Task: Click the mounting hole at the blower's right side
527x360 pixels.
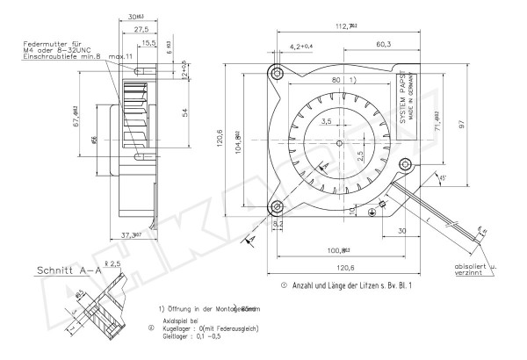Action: click(405, 162)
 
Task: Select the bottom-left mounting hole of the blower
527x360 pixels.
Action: click(277, 207)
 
